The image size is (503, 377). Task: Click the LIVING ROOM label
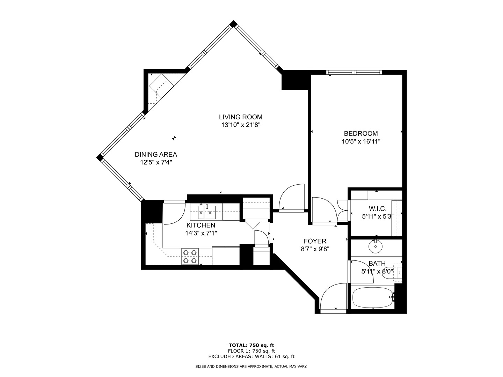tap(240, 117)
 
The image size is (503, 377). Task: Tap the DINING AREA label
tap(156, 154)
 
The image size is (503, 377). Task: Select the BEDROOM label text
tap(360, 133)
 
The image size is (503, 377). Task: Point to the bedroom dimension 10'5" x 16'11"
tap(360, 142)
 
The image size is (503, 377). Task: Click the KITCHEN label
tap(201, 225)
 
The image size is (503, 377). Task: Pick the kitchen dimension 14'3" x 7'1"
tap(201, 233)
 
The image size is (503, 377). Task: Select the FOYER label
tap(315, 241)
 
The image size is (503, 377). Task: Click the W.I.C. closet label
tap(377, 209)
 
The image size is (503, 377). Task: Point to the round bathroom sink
tap(376, 247)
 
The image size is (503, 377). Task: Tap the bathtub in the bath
tap(372, 297)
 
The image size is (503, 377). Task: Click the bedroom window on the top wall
tap(354, 73)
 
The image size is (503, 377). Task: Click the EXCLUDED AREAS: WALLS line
tap(251, 356)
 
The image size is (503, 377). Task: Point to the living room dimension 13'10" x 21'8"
tap(240, 125)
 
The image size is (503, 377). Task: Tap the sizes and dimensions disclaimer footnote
tap(251, 367)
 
